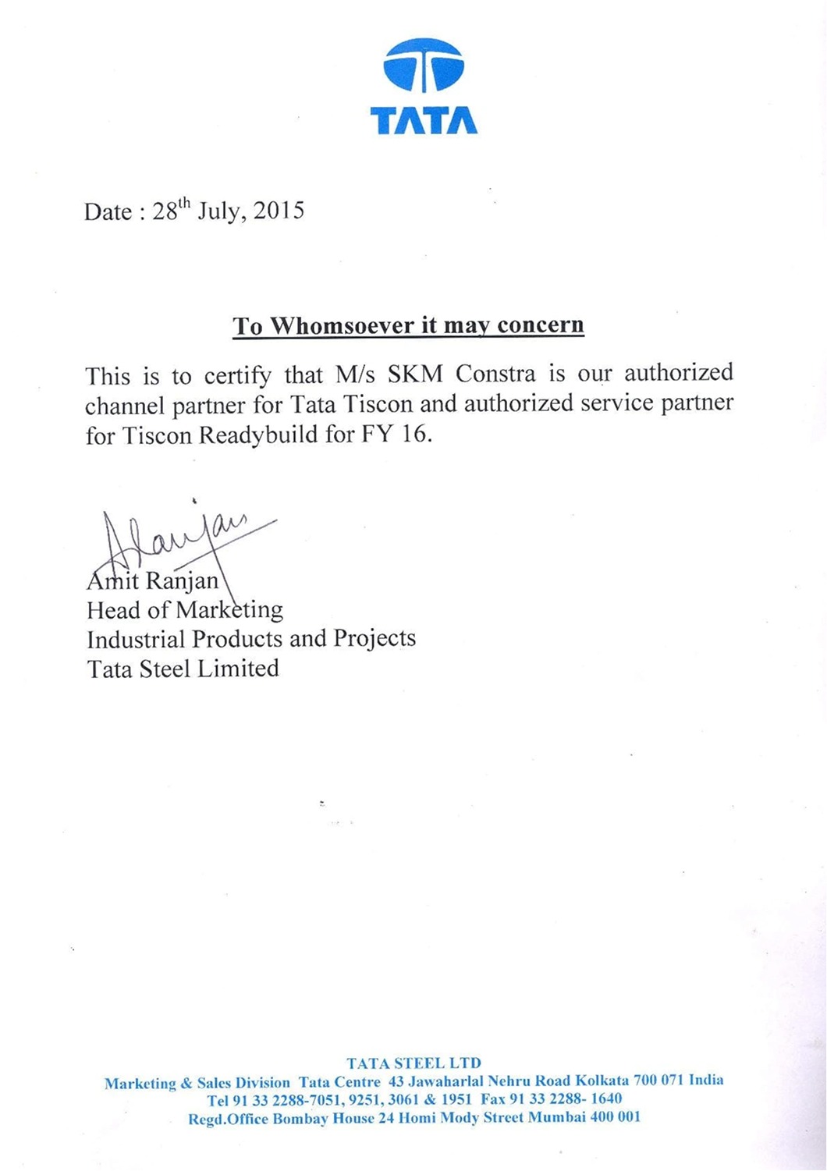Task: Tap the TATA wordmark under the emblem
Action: click(x=424, y=121)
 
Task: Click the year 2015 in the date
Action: click(x=279, y=211)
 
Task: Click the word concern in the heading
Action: click(x=540, y=325)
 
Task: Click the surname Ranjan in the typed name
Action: click(x=182, y=581)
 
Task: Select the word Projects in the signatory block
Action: click(x=374, y=639)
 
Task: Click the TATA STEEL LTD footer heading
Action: click(x=413, y=1063)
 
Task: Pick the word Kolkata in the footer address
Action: click(x=602, y=1081)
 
